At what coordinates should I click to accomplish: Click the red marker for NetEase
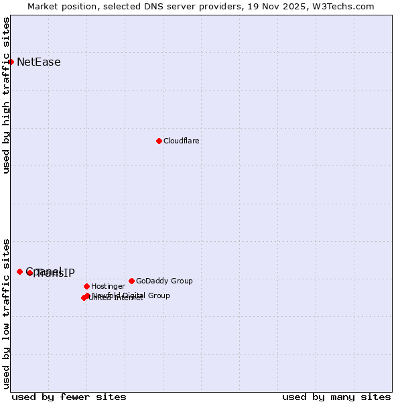[11, 62]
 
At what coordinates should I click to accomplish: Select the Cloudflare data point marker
[159, 141]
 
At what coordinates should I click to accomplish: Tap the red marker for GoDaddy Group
[131, 281]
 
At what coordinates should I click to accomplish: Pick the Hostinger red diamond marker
[86, 286]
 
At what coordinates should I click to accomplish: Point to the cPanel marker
[19, 271]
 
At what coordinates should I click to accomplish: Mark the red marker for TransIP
[29, 273]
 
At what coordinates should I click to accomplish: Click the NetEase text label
[38, 62]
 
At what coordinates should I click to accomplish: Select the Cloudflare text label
[181, 141]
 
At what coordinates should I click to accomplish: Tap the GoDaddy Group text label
[164, 281]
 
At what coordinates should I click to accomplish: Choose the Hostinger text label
[108, 286]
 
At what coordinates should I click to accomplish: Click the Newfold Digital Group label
[131, 295]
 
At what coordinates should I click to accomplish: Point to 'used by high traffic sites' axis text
[7, 95]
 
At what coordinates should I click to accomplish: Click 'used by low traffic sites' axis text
[7, 314]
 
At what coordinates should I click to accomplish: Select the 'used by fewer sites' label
[69, 397]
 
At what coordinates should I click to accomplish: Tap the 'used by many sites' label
[336, 397]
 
